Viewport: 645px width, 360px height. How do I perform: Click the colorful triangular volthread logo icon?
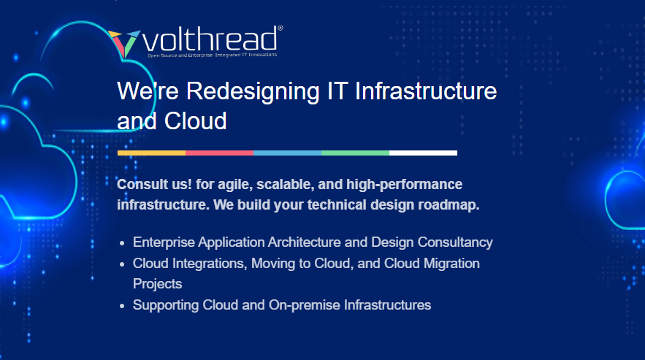pyautogui.click(x=123, y=43)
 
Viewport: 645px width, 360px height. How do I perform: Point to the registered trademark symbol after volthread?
pyautogui.click(x=280, y=29)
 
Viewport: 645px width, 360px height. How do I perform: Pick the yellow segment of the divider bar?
pyautogui.click(x=151, y=153)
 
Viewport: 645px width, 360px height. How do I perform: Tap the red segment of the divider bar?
pyautogui.click(x=219, y=153)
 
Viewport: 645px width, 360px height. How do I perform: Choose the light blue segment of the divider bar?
pyautogui.click(x=287, y=153)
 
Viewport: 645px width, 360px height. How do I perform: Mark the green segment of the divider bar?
pyautogui.click(x=355, y=153)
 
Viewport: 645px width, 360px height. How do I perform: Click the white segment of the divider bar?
pyautogui.click(x=423, y=153)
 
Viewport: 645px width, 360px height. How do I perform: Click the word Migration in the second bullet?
pyautogui.click(x=451, y=263)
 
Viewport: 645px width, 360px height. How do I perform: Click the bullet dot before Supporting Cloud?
pyautogui.click(x=122, y=305)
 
